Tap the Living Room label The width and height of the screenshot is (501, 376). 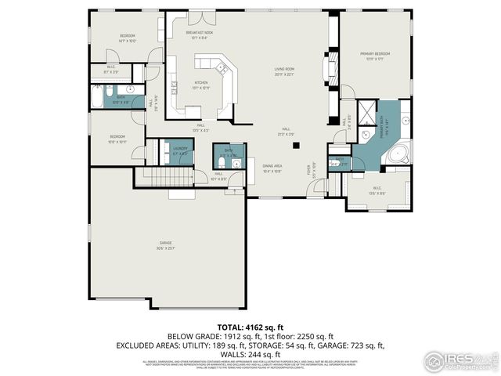[x=283, y=71]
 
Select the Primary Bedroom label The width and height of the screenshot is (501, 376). [x=374, y=56]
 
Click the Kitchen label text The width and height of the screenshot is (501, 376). [x=201, y=85]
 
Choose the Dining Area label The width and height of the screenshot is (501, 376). [x=272, y=168]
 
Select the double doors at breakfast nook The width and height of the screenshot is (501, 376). [x=201, y=16]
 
